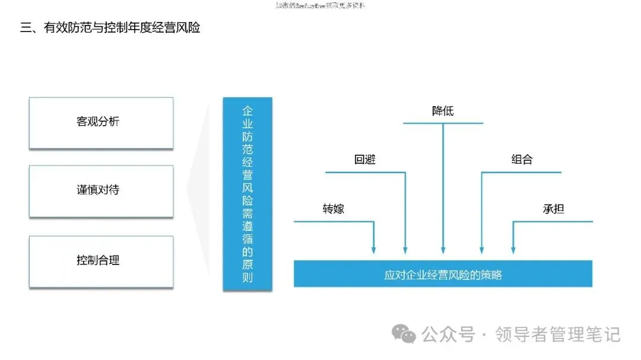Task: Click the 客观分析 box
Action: [101, 122]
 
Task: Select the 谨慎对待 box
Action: [101, 191]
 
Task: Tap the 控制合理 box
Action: [101, 261]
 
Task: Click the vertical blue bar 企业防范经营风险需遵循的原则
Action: [247, 193]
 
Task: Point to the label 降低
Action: [443, 111]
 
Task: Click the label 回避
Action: [365, 160]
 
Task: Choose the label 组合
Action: [522, 160]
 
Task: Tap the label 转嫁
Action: [334, 209]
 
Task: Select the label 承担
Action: [553, 209]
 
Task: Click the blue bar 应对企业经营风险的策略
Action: [443, 274]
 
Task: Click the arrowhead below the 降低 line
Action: [443, 250]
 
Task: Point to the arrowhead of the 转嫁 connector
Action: [373, 250]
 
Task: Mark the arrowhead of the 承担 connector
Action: [513, 250]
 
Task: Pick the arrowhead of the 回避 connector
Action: [405, 250]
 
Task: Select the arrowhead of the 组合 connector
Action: [481, 250]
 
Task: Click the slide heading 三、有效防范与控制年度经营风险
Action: [110, 28]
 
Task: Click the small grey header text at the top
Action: [320, 5]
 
